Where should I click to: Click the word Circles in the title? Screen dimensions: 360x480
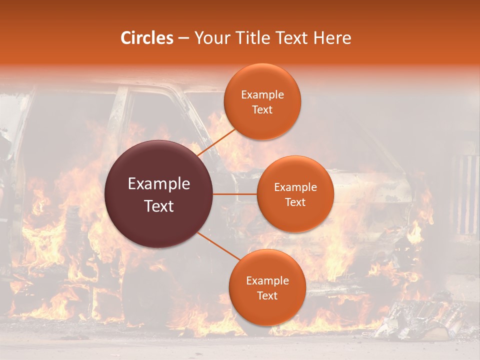[147, 38]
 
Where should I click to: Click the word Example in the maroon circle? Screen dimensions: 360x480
[159, 184]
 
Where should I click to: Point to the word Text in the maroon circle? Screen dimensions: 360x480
[159, 205]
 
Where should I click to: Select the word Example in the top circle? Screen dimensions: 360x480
[262, 95]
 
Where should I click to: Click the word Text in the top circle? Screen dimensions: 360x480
[262, 109]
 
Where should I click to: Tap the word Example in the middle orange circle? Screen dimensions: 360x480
[295, 187]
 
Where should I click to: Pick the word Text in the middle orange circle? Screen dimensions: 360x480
[295, 202]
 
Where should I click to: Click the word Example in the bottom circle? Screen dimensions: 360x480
[267, 281]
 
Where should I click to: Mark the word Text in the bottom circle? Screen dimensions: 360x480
[267, 295]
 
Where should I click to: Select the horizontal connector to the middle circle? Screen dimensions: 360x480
[235, 194]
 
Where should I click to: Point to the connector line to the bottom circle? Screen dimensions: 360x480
[218, 247]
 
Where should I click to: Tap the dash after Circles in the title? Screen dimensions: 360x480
[183, 38]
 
